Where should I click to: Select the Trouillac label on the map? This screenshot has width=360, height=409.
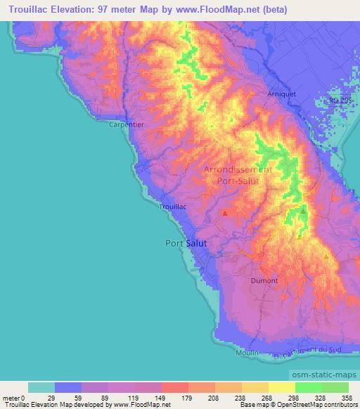point(173,207)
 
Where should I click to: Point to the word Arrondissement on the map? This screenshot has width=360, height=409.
point(238,170)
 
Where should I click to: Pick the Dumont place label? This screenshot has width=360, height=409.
point(265,280)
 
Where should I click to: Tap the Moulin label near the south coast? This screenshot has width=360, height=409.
point(248,352)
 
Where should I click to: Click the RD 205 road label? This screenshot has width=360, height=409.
point(340,100)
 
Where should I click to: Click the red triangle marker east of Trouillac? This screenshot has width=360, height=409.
point(224,212)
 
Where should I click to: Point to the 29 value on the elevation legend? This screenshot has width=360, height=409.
point(55,398)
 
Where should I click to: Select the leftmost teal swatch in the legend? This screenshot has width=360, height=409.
point(41,387)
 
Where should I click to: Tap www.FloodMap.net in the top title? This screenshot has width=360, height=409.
point(215,9)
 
